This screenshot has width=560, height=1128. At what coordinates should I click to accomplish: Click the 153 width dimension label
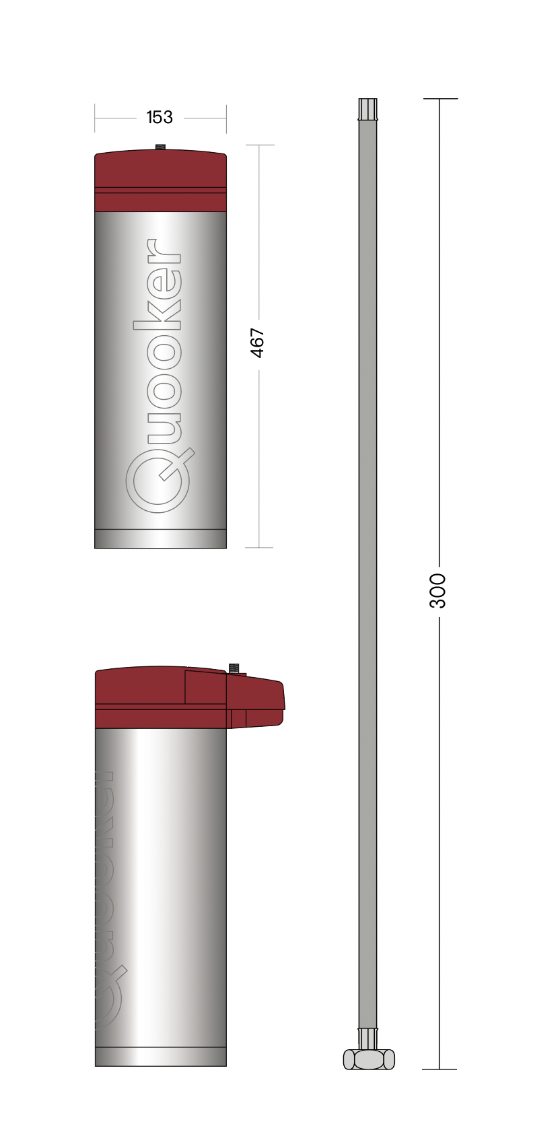tap(160, 117)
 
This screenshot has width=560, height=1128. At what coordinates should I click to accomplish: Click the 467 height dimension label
tap(257, 343)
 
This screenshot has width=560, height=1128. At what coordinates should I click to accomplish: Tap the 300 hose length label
tap(438, 591)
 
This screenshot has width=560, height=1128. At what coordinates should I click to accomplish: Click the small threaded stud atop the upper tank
tap(160, 147)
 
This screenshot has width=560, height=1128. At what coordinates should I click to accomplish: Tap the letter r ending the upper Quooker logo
tap(164, 251)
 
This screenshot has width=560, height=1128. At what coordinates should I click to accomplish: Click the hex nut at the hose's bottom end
tap(369, 1059)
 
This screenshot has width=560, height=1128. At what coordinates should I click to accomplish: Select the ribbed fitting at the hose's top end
tap(367, 109)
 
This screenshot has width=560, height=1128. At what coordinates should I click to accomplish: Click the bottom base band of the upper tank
tap(160, 538)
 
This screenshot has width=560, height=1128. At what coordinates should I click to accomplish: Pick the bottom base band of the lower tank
tap(160, 1057)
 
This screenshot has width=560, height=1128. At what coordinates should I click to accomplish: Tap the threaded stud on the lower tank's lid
tap(234, 668)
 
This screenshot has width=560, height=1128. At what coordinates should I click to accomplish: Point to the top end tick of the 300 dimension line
tap(440, 99)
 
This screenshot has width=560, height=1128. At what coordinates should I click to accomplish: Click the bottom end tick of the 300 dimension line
tap(440, 1069)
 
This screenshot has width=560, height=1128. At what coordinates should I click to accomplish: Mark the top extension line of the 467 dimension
tap(260, 145)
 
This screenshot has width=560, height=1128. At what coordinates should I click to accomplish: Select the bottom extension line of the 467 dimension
tap(259, 547)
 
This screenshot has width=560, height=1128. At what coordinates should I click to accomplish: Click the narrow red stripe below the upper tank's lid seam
tap(160, 202)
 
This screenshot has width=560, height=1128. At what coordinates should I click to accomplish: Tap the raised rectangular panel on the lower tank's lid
tap(205, 687)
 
